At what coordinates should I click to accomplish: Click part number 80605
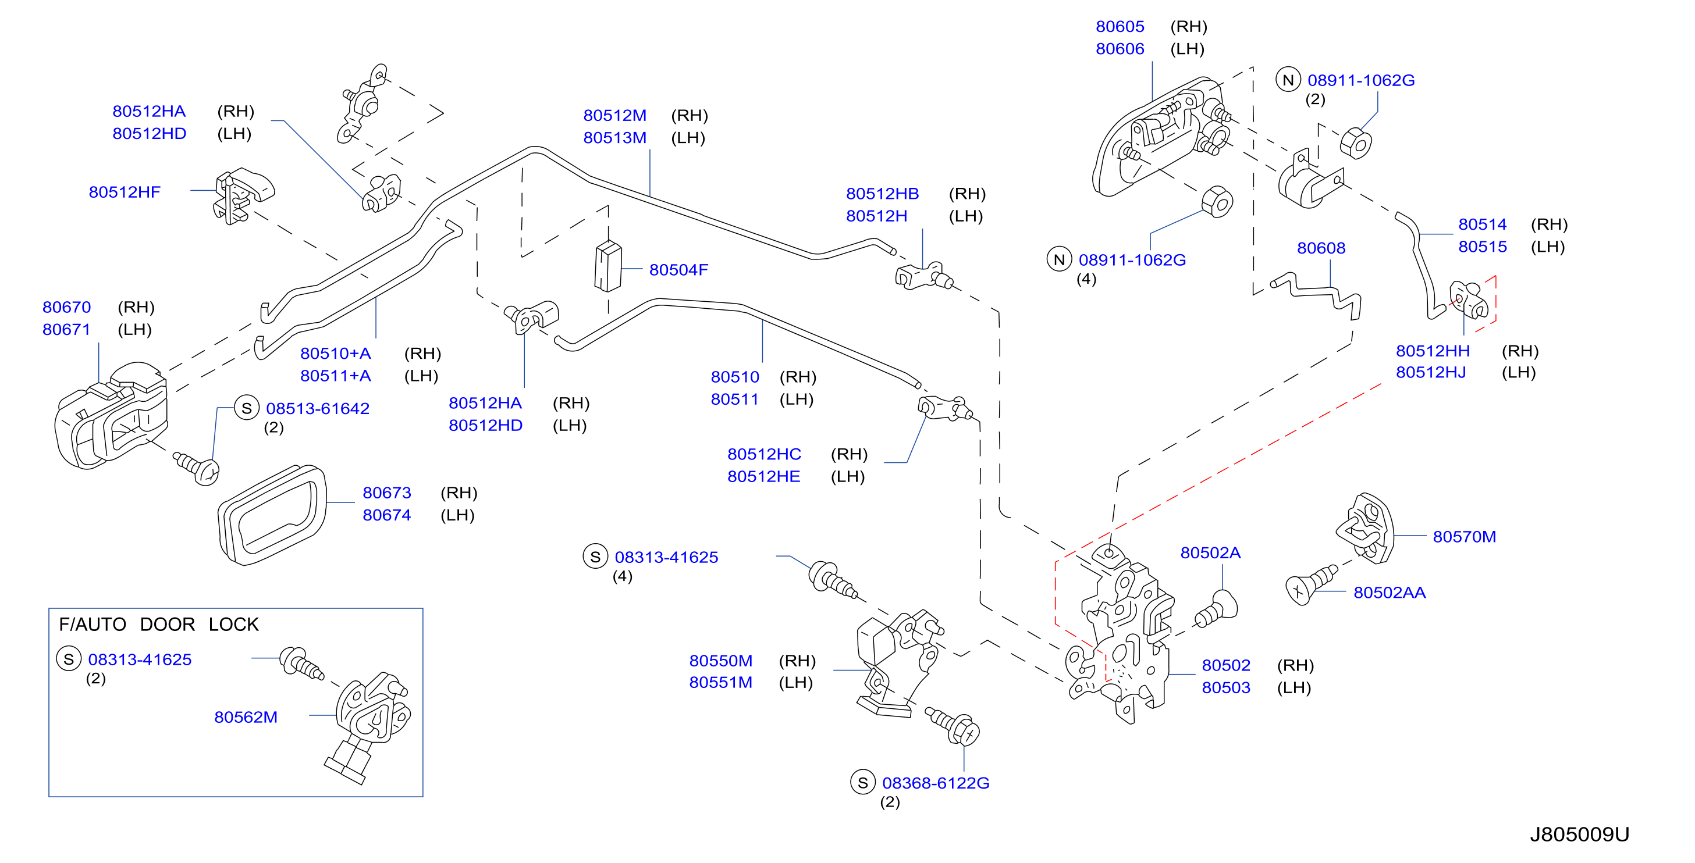pos(1120,27)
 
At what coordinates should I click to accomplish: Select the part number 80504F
pos(678,270)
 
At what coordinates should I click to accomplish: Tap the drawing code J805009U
pos(1579,834)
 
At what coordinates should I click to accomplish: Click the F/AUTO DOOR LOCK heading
pos(159,624)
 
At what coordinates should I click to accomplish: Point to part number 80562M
pos(246,717)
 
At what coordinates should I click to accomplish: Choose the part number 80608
pos(1321,248)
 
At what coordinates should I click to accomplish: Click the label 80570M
pos(1464,537)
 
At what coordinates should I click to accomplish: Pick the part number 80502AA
pos(1389,593)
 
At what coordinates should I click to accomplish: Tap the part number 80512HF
pos(125,192)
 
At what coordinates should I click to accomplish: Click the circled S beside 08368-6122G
pos(863,782)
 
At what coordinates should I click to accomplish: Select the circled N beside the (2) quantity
pos(1288,80)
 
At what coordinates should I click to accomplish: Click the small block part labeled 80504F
pos(608,266)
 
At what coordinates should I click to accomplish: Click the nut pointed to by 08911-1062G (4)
pos(1217,201)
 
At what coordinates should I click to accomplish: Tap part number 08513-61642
pos(317,408)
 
